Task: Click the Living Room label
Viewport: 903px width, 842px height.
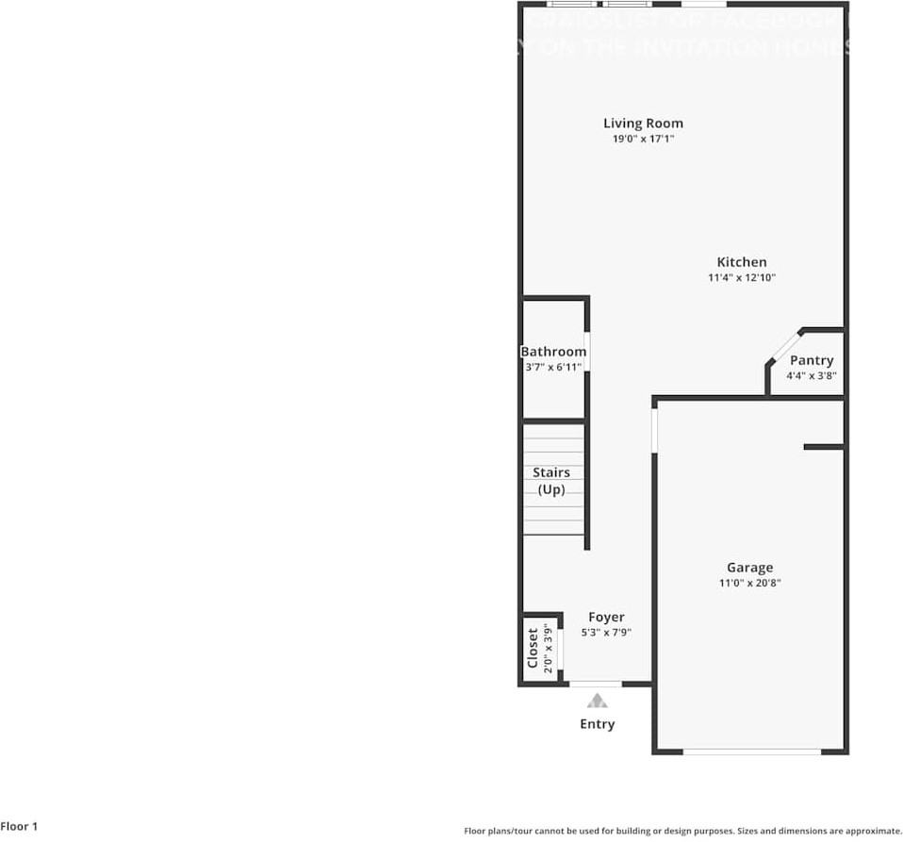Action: [x=643, y=123]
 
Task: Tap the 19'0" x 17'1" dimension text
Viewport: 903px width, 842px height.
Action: [x=643, y=139]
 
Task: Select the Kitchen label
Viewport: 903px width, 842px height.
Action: [x=742, y=262]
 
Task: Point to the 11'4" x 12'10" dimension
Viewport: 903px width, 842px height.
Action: [x=742, y=278]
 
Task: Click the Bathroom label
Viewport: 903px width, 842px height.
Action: [x=553, y=352]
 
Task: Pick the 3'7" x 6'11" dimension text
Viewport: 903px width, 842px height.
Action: [x=553, y=367]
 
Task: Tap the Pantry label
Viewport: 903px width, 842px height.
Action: [x=812, y=360]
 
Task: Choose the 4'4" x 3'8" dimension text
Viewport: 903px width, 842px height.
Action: [x=812, y=375]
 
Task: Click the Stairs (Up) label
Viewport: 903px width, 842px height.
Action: [x=551, y=481]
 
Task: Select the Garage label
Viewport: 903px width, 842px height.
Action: [x=749, y=568]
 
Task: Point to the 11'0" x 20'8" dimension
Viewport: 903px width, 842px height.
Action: [x=749, y=583]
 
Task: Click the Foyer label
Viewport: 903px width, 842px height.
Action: [x=606, y=618]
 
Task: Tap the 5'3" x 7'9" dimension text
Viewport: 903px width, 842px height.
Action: [x=606, y=633]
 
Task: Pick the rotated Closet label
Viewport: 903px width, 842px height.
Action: [x=533, y=648]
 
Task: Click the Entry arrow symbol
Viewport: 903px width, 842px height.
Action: [x=597, y=700]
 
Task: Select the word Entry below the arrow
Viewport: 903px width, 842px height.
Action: [x=597, y=724]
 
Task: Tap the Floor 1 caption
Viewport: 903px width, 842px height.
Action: [x=19, y=827]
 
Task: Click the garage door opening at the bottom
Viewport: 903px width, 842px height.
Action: [x=751, y=751]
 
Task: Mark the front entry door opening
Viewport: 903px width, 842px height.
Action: [x=596, y=683]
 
